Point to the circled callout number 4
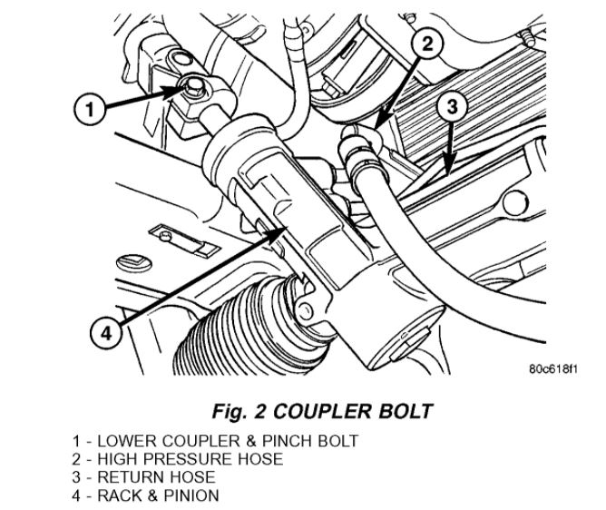107,333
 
